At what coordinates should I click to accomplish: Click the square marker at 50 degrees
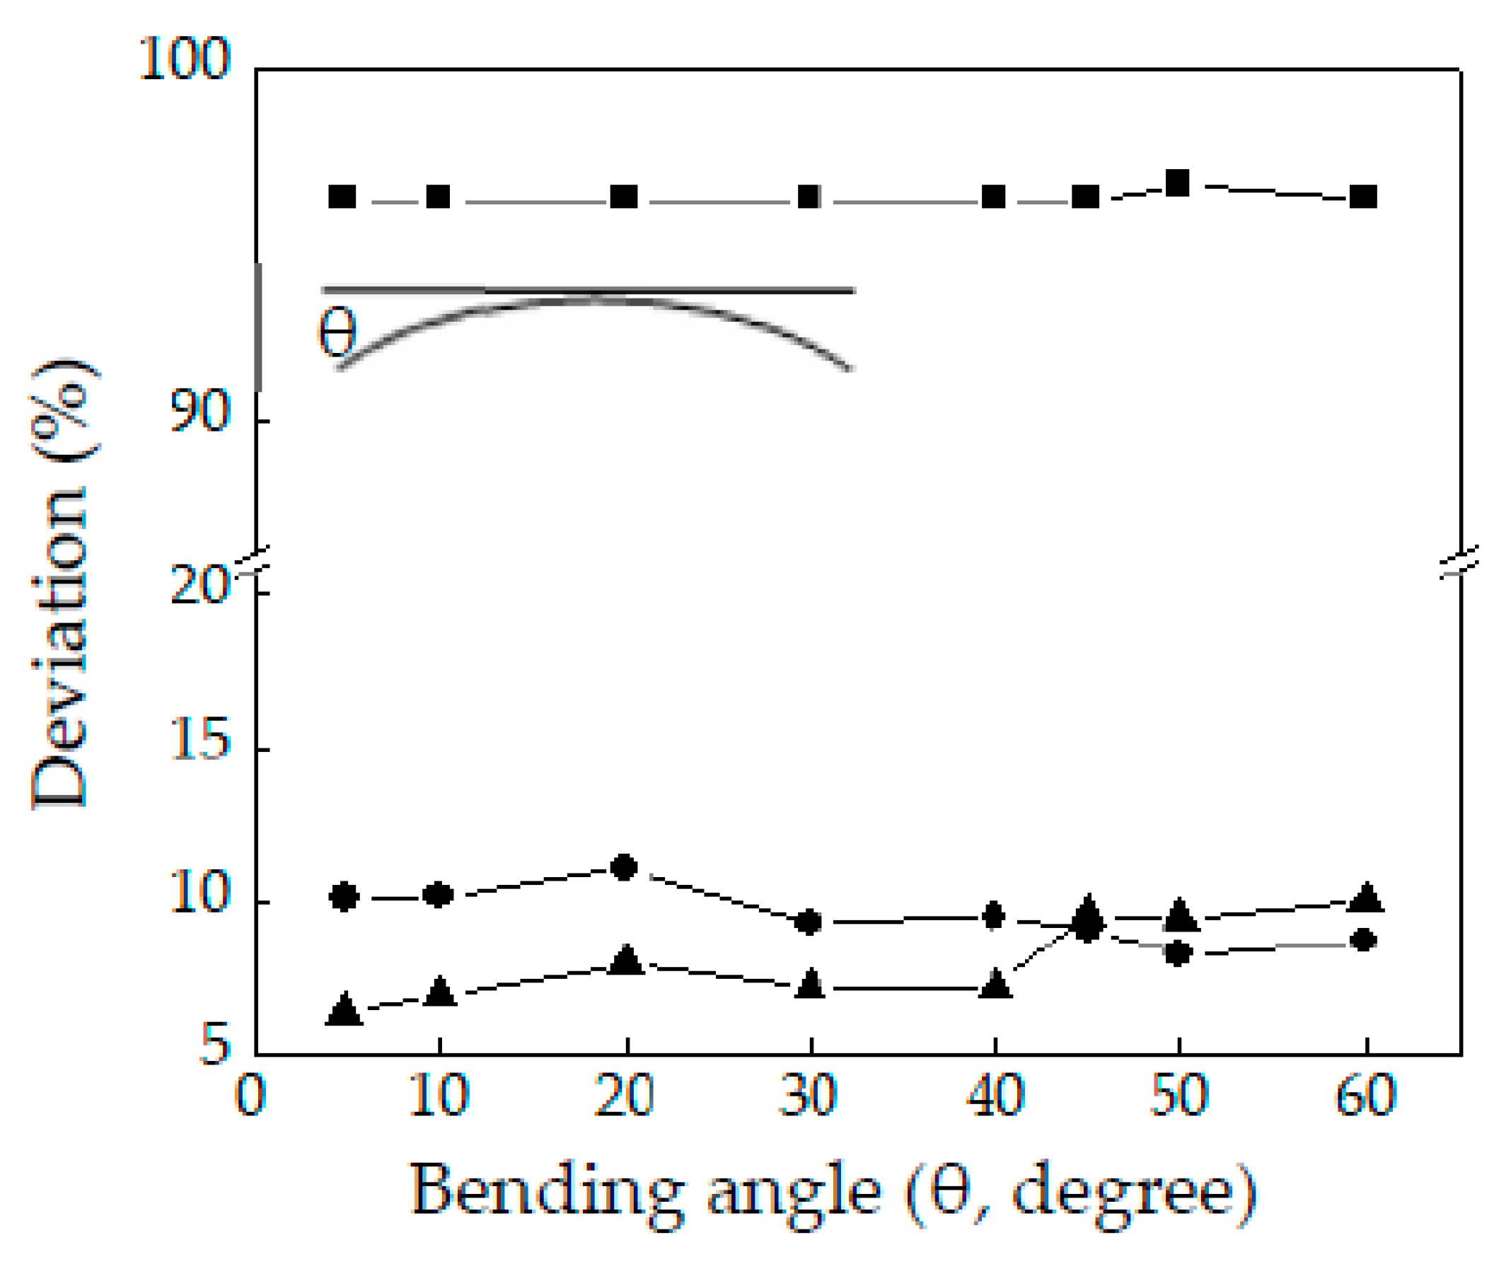[1178, 183]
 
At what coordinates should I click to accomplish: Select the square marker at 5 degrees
[342, 197]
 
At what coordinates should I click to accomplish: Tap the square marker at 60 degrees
[1363, 197]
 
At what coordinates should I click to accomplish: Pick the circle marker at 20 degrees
[624, 867]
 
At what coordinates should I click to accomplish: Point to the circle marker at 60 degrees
[1363, 940]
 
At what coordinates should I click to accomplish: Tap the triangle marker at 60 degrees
[1366, 898]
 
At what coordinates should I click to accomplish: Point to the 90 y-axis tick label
[199, 412]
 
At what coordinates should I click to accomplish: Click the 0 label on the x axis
[251, 1096]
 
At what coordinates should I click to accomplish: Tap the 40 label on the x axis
[995, 1096]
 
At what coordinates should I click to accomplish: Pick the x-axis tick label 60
[1366, 1096]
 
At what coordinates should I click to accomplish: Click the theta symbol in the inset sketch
[337, 331]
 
